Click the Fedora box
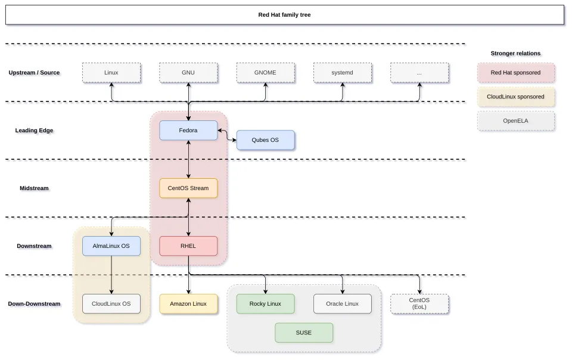(188, 131)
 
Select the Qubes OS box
(266, 140)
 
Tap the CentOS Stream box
(188, 188)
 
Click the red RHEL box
(188, 246)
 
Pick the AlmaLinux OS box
(111, 246)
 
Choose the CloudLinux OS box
(111, 304)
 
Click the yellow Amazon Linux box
(188, 304)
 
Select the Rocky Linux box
(266, 304)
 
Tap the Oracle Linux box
(343, 304)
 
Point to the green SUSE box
(304, 333)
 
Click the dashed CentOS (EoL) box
(419, 304)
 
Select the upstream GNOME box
(266, 73)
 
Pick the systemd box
(343, 73)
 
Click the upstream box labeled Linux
(111, 73)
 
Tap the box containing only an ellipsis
(419, 73)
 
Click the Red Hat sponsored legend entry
(516, 73)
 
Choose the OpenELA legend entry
(516, 121)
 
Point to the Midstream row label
(34, 188)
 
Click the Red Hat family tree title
(285, 15)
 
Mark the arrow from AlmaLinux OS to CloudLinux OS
(111, 275)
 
